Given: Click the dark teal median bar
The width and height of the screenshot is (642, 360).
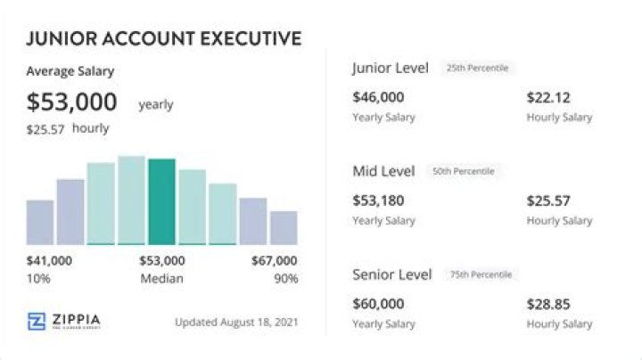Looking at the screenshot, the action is [x=161, y=201].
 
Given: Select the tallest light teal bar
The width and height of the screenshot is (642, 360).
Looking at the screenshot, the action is [x=131, y=200].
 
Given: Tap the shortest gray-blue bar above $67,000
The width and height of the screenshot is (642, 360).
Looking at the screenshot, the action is [x=284, y=228].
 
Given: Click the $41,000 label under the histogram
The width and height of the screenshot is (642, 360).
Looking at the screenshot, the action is [x=49, y=260].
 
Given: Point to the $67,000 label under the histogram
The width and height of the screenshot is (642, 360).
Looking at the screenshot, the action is [x=275, y=260].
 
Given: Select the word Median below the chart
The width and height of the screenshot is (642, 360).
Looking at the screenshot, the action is [x=161, y=279].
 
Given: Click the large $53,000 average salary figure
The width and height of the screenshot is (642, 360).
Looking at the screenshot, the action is [x=71, y=102].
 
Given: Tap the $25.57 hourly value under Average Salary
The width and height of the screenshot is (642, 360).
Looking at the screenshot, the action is [x=45, y=130].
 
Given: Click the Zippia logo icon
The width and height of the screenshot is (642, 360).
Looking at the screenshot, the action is [x=37, y=321].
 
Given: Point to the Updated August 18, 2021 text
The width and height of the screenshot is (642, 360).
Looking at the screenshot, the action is [x=236, y=323].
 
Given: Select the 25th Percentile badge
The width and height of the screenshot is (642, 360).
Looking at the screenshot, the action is [x=477, y=68].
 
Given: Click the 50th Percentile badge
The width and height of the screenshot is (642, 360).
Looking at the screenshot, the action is [x=464, y=171].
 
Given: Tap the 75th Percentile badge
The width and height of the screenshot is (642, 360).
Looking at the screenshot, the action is [x=481, y=274].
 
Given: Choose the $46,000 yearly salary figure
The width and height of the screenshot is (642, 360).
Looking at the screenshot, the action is [x=378, y=97].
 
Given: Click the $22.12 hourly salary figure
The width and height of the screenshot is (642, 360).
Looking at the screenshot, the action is [x=548, y=98].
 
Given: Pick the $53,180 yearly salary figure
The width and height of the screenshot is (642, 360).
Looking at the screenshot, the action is [x=378, y=200].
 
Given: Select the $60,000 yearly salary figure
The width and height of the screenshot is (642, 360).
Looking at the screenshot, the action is [x=378, y=304].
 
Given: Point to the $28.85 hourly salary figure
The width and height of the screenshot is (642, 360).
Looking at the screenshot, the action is [x=548, y=305].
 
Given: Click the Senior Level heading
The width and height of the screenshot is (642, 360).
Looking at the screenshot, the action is [x=392, y=274].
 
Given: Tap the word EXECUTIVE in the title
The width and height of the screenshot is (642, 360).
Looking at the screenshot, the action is [x=251, y=38].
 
